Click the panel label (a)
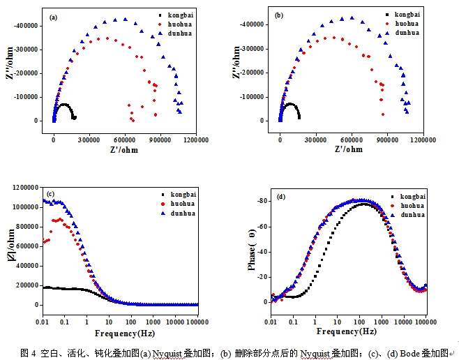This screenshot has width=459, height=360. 53,16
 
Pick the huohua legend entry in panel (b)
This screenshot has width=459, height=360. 406,23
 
